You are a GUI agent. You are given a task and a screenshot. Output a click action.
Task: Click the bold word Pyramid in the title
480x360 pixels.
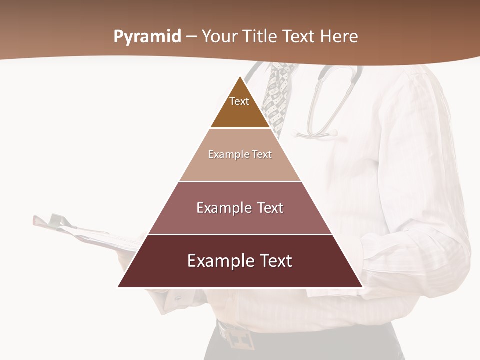click(147, 37)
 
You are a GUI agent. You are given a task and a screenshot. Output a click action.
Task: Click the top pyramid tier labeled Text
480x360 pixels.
click(240, 107)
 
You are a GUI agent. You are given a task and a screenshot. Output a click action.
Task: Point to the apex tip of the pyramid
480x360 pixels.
click(240, 77)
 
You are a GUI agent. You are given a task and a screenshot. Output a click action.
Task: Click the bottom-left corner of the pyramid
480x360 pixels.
click(119, 286)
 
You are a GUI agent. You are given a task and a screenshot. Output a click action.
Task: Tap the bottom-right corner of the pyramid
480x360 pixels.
click(362, 286)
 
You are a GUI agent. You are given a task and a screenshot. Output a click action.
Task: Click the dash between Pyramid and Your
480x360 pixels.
click(191, 37)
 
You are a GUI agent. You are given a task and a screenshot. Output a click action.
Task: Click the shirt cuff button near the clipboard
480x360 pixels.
click(178, 298)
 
